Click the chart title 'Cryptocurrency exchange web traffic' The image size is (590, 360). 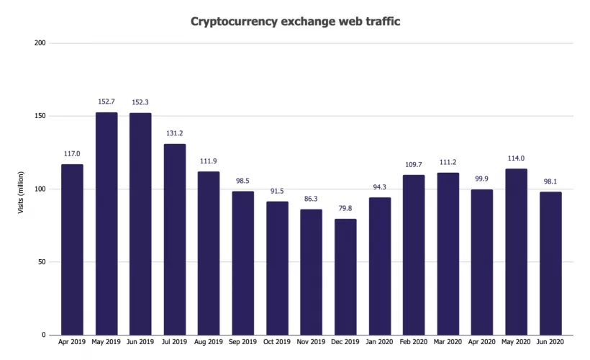pos(295,22)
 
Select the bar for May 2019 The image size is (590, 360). pos(106,223)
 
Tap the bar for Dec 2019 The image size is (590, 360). pos(345,276)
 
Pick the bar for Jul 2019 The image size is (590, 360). pos(174,239)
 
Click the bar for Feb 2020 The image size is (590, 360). pos(414,255)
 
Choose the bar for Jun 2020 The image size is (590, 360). pos(550,263)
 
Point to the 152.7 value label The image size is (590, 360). pos(106,102)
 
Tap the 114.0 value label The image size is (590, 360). pos(516,158)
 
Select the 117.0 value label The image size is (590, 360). pos(72,153)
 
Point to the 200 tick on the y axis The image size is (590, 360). pos(40,43)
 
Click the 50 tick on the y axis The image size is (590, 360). pos(42,262)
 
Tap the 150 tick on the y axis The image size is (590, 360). pos(40,116)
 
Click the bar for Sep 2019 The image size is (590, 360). pos(242,263)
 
